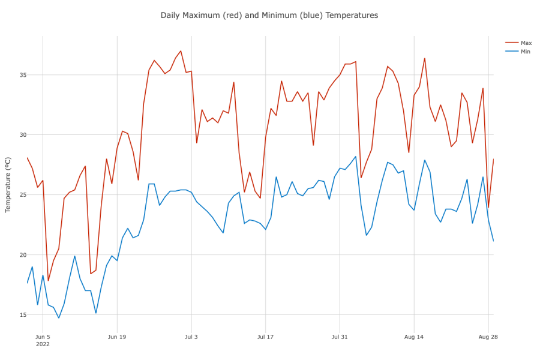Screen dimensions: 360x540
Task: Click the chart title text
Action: (x=269, y=15)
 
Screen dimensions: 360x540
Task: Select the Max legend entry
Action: (x=526, y=43)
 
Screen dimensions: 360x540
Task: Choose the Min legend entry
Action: (x=525, y=52)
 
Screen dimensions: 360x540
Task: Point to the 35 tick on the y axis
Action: (x=17, y=75)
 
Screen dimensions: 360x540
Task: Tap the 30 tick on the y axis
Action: (x=17, y=135)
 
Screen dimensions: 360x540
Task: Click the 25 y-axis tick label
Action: (x=17, y=195)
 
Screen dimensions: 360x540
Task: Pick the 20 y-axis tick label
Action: (x=17, y=255)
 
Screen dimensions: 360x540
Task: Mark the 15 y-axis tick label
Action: (x=17, y=315)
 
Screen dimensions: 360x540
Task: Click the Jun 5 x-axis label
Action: (x=43, y=337)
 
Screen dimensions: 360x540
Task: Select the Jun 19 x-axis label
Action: (x=117, y=337)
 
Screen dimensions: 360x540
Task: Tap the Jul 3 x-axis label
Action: (x=191, y=337)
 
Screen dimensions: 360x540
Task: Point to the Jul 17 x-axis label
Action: (x=265, y=337)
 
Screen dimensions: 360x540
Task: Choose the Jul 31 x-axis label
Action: (x=340, y=337)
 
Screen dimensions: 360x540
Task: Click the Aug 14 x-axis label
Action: (x=414, y=337)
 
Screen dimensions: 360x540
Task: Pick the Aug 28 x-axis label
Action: (x=488, y=337)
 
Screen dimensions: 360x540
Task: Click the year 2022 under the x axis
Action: (x=43, y=344)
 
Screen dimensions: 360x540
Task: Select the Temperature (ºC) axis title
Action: (x=8, y=180)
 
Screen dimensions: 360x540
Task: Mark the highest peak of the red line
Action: (x=181, y=51)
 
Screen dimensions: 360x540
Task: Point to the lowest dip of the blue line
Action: (x=59, y=318)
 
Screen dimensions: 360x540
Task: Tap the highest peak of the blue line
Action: (x=356, y=157)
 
